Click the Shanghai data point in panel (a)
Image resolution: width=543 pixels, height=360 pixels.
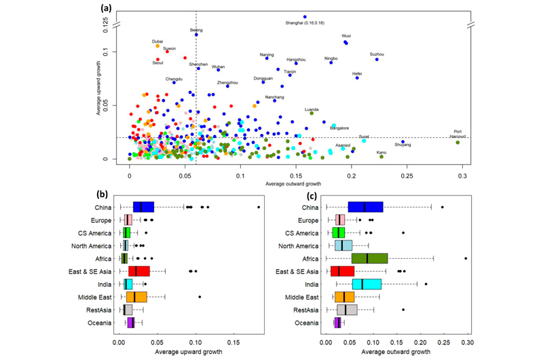coord(305,16)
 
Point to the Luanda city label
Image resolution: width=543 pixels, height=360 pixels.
coord(312,109)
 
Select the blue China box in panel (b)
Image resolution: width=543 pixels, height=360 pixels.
coord(143,206)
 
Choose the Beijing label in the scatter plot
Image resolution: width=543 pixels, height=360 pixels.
coord(196,30)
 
